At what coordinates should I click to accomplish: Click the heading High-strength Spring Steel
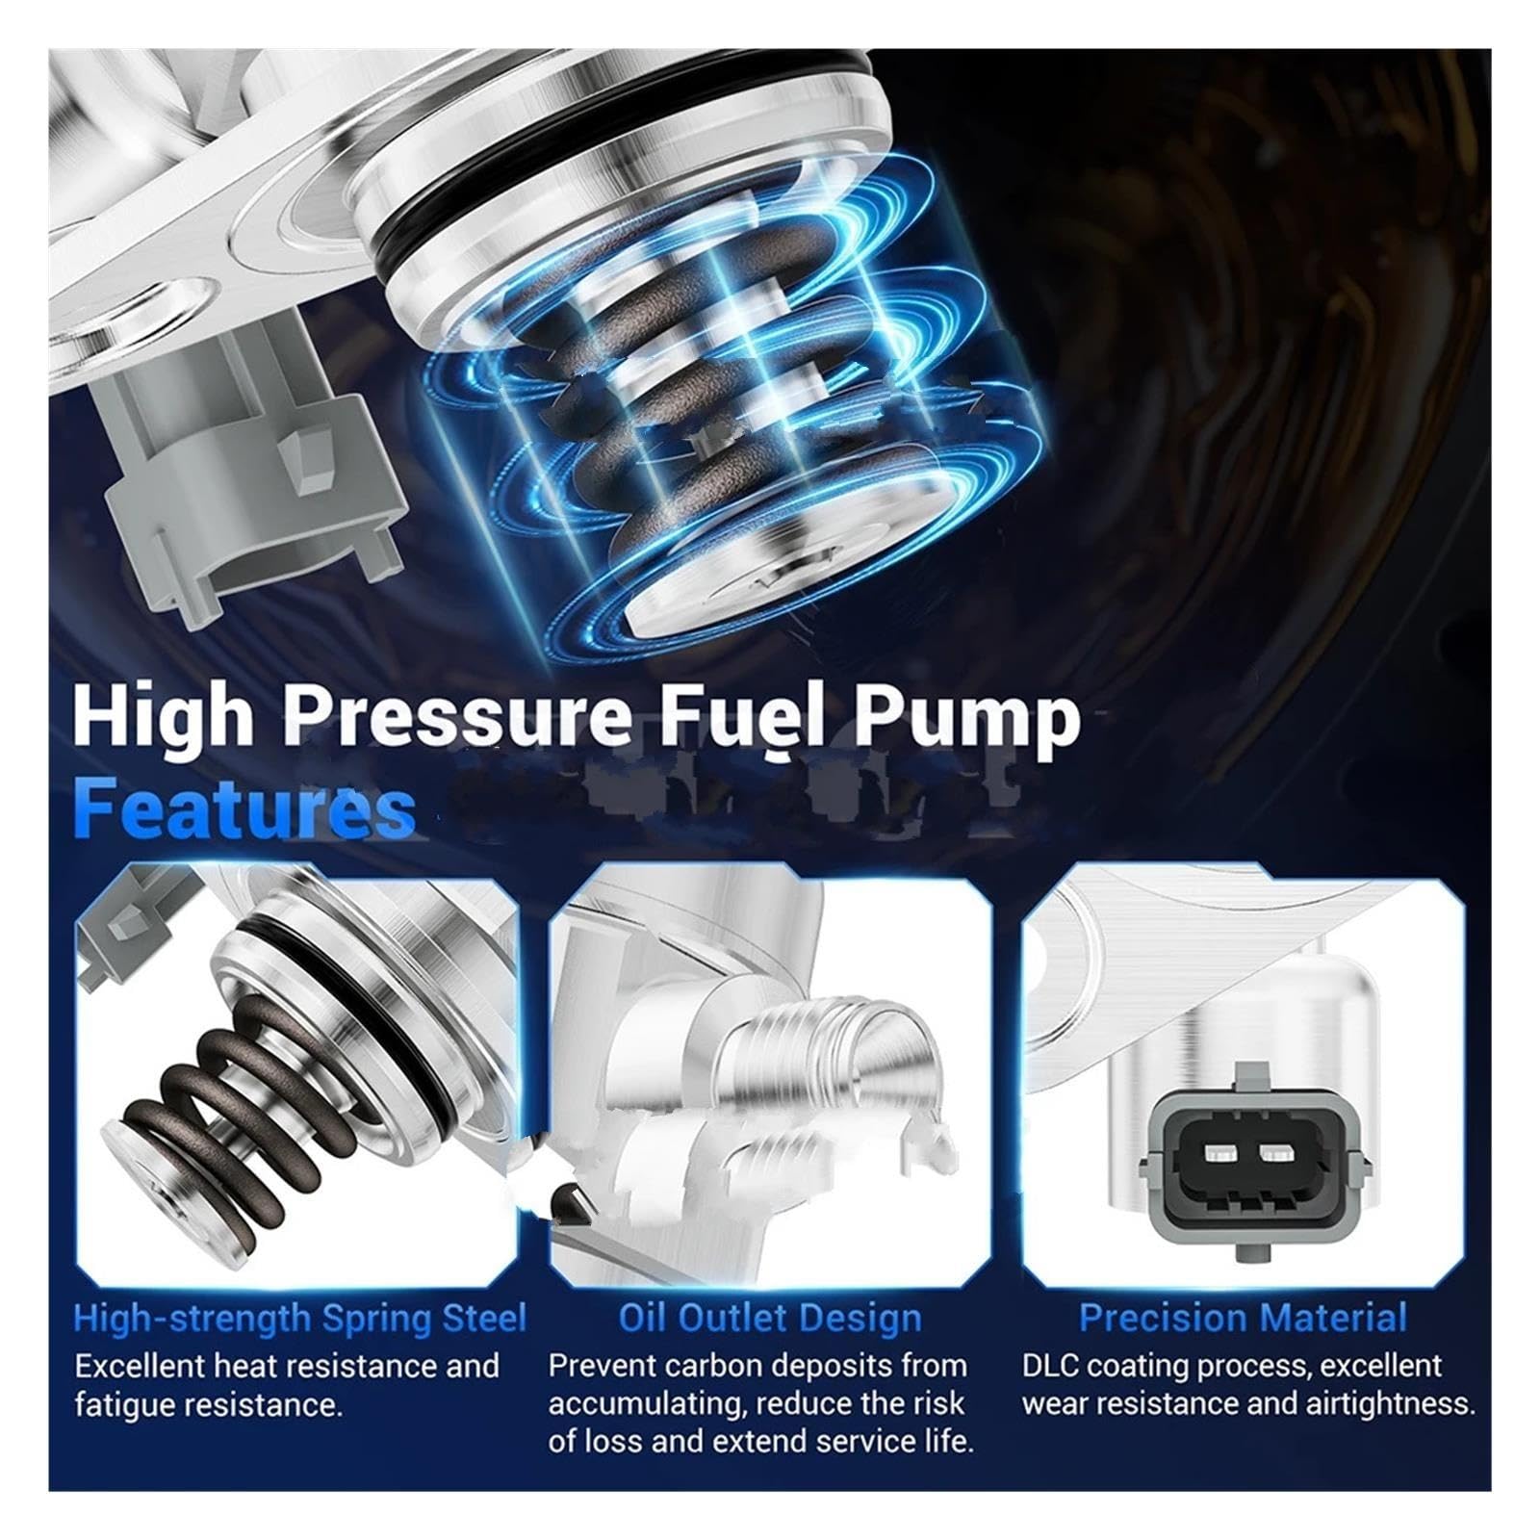pyautogui.click(x=300, y=1318)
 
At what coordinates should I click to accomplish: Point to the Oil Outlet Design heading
pyautogui.click(x=770, y=1318)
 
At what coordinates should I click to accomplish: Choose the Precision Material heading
pyautogui.click(x=1243, y=1317)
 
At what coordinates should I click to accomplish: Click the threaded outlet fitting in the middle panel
pyautogui.click(x=828, y=1059)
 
